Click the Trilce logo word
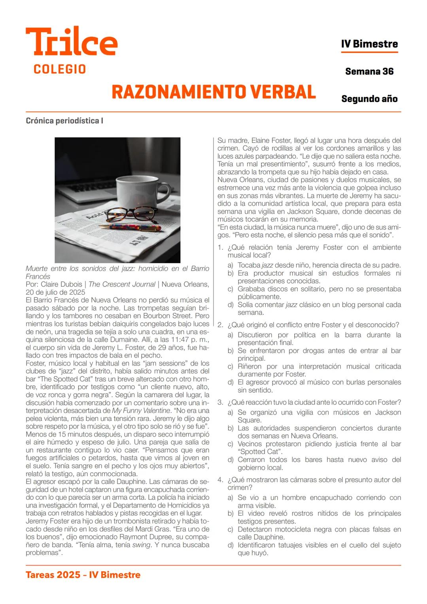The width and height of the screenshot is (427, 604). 72,42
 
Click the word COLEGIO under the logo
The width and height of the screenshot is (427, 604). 60,69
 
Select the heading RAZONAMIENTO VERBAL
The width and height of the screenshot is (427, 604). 213,92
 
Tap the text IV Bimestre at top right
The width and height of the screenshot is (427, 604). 369,44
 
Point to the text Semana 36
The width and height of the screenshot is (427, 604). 369,72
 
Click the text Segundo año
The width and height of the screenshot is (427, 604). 369,99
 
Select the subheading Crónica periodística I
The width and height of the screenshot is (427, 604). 64,121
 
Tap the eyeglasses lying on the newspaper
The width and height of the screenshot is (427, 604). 130,214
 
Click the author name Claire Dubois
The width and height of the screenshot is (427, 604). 61,284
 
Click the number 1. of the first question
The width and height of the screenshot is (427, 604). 221,248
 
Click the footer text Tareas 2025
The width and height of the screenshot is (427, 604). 53,575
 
